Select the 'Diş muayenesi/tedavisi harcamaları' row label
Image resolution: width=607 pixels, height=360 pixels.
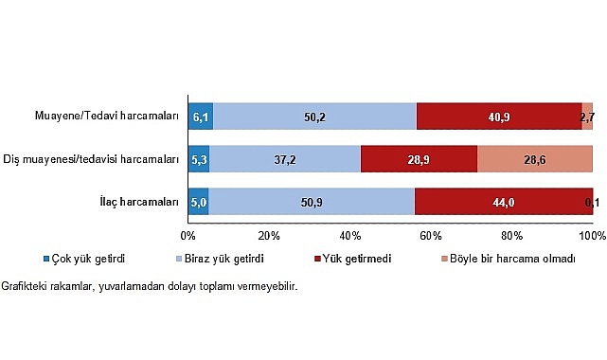[92, 158]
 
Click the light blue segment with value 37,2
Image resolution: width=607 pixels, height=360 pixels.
[285, 158]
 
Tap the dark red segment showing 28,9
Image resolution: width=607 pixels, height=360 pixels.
[419, 158]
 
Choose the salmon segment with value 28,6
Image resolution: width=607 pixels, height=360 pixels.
[534, 158]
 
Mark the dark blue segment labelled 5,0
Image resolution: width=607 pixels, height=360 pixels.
[198, 202]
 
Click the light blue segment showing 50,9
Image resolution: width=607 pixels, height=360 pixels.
[311, 202]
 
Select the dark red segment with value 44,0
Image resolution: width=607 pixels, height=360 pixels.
[503, 202]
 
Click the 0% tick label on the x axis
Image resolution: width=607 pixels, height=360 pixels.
[187, 235]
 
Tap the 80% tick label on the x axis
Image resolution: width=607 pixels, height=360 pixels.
[511, 235]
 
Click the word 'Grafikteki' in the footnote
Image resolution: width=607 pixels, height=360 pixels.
[26, 287]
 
